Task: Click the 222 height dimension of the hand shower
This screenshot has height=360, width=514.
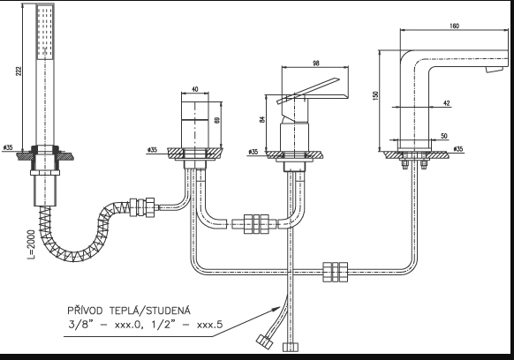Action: click(19, 71)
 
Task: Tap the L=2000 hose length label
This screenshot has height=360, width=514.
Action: click(31, 244)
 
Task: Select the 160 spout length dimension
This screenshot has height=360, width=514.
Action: click(454, 26)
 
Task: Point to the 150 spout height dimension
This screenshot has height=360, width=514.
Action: click(375, 95)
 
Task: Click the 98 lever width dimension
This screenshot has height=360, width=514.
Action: click(315, 64)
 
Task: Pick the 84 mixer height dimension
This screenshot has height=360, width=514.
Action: click(262, 119)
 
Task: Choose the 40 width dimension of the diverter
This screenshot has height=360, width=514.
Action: click(194, 89)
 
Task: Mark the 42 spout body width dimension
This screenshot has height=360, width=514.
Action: click(447, 103)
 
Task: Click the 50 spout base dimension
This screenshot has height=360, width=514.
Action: click(444, 136)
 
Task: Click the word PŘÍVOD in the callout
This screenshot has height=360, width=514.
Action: click(85, 310)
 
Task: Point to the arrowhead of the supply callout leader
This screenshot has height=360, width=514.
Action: click(277, 308)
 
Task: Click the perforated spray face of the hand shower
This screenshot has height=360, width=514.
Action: click(45, 32)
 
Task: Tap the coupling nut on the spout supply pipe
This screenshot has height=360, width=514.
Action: click(335, 272)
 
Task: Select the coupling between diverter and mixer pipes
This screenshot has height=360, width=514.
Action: click(256, 224)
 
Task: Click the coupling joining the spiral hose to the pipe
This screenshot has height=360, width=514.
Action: click(142, 207)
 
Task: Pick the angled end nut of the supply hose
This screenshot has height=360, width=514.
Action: click(265, 341)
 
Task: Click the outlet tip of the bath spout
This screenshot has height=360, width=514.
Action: click(495, 70)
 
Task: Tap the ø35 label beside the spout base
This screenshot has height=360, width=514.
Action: click(458, 149)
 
